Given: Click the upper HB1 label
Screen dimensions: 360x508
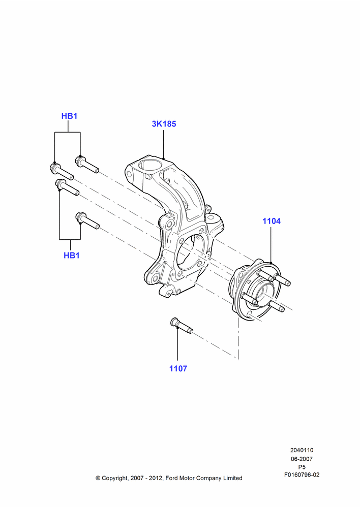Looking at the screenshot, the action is pos(69,116).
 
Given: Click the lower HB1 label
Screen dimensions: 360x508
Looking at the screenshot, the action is pos(72,256).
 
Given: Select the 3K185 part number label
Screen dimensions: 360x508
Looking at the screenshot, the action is pos(164,124).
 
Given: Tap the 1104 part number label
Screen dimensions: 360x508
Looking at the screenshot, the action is pos(272,221).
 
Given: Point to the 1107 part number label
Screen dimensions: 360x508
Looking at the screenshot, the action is pos(178,368).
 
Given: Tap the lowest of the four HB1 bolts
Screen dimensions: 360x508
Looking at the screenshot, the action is pos(87,220).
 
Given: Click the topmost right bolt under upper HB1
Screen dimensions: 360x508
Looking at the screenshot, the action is pos(87,164).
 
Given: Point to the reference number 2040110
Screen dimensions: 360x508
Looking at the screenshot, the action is pos(302,450).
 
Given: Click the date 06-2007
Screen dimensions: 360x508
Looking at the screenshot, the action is pos(302,459).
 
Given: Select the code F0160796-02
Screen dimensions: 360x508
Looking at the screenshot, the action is pos(302,475).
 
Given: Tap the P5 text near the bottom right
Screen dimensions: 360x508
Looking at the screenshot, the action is pos(302,467).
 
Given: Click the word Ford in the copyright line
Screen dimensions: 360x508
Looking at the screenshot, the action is pos(171,478).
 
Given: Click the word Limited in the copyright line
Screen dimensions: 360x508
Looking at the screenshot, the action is pos(232,478).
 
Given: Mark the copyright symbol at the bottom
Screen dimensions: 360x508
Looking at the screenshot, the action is pos(98,478).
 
